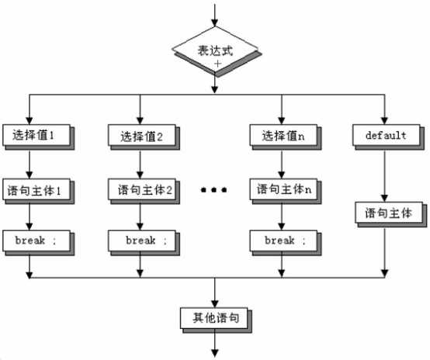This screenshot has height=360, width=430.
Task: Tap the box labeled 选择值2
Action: pyautogui.click(x=141, y=137)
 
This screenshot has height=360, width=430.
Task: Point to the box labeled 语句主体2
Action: pyautogui.click(x=141, y=189)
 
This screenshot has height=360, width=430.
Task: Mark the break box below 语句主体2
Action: pyautogui.click(x=141, y=241)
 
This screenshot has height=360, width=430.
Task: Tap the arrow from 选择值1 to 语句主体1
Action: pyautogui.click(x=29, y=162)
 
